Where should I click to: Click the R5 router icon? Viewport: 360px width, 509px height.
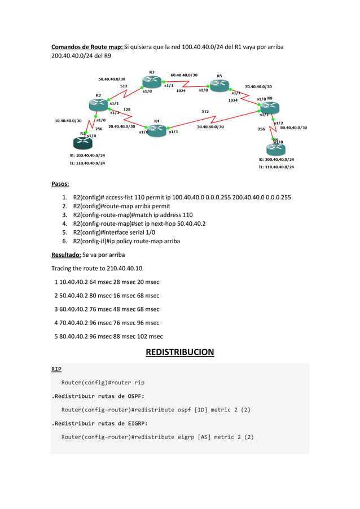[x=219, y=85]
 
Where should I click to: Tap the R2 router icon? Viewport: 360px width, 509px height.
[x=98, y=104]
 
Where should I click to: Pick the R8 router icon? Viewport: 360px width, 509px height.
[x=270, y=107]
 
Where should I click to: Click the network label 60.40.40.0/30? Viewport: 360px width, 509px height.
[x=184, y=75]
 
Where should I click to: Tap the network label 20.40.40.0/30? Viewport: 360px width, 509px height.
[x=121, y=126]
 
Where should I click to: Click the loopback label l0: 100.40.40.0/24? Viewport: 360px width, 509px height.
[x=87, y=155]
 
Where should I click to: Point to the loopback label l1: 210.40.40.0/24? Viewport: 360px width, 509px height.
[x=276, y=167]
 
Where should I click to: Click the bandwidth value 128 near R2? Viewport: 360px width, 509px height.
[x=127, y=109]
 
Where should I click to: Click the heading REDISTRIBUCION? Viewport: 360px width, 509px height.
[x=179, y=353]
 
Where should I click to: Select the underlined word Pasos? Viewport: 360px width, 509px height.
[x=60, y=184]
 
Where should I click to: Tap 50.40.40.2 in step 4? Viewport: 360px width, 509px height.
[x=190, y=223]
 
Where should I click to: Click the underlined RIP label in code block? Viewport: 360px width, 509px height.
[x=56, y=369]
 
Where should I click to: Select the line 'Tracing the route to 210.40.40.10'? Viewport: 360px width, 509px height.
[x=96, y=269]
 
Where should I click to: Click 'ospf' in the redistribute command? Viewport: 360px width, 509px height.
[x=183, y=410]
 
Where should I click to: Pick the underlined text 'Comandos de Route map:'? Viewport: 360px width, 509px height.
[x=87, y=47]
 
